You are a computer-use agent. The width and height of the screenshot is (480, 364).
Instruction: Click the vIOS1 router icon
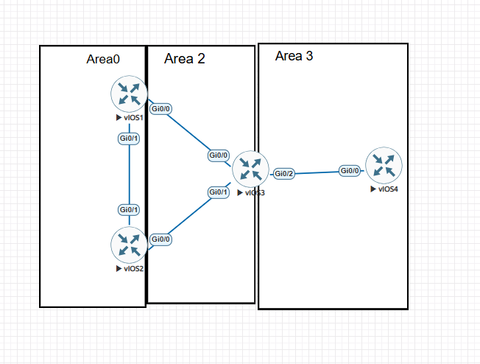click(x=129, y=94)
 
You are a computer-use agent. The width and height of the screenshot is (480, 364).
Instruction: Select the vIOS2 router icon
click(x=129, y=245)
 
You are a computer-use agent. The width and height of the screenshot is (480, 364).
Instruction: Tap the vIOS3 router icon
click(x=250, y=169)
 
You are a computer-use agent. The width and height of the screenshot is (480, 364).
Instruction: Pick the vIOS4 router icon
click(x=384, y=166)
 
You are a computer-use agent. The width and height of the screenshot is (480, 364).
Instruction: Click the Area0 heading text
click(x=103, y=59)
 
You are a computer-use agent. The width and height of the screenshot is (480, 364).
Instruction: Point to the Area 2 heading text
click(x=185, y=58)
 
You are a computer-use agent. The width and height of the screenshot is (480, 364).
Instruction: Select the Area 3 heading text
click(x=294, y=56)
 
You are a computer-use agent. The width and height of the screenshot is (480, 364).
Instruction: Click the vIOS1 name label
click(x=133, y=118)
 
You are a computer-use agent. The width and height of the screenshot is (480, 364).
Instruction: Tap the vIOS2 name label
click(x=134, y=269)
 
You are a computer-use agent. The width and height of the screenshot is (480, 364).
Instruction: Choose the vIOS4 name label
click(x=388, y=189)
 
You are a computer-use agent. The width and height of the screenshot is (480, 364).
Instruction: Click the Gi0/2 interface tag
click(x=283, y=174)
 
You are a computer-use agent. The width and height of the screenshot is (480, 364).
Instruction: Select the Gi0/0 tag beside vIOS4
click(x=350, y=170)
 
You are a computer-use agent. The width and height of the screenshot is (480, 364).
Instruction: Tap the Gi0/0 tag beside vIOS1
click(x=160, y=109)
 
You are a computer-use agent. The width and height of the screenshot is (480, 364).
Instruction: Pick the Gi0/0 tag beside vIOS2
click(x=160, y=239)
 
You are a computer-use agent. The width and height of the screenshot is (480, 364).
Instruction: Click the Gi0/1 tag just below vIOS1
click(x=129, y=139)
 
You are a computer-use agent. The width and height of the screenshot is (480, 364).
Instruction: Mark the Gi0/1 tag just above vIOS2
click(x=129, y=210)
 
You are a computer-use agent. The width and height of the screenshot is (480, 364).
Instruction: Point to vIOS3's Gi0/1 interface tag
click(x=218, y=192)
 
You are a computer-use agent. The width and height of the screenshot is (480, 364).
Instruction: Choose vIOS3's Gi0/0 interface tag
click(x=218, y=155)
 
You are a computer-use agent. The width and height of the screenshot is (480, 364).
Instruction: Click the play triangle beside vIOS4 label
click(x=373, y=189)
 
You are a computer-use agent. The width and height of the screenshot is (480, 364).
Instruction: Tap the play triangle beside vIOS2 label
click(x=119, y=269)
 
